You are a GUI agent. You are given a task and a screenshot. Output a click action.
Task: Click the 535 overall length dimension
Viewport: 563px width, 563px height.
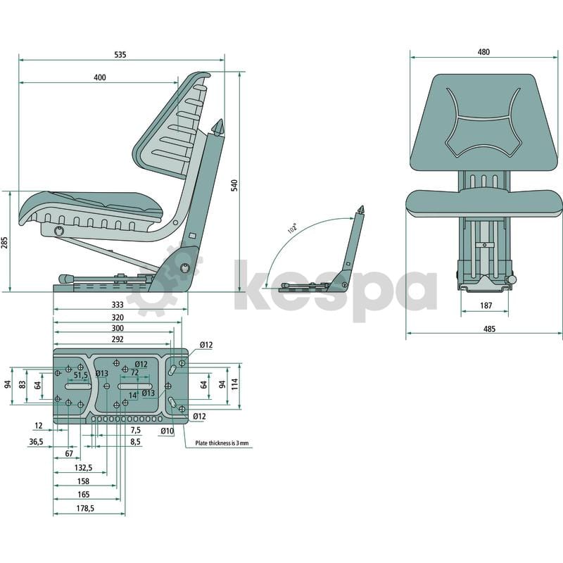pyautogui.click(x=120, y=55)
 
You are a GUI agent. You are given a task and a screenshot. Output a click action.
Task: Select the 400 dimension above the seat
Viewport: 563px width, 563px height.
pyautogui.click(x=100, y=77)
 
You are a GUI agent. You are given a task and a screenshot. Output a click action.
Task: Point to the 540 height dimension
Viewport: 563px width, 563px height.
pyautogui.click(x=234, y=185)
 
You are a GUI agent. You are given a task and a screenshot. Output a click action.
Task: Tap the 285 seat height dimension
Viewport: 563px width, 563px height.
pyautogui.click(x=5, y=243)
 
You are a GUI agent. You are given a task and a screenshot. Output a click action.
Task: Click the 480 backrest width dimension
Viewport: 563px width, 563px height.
pyautogui.click(x=483, y=52)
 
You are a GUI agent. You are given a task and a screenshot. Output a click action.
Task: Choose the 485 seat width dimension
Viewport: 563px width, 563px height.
pyautogui.click(x=489, y=329)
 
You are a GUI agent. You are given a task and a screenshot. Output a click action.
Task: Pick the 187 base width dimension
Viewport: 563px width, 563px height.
pyautogui.click(x=486, y=305)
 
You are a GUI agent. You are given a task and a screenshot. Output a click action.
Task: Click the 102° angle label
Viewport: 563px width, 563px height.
pyautogui.click(x=292, y=228)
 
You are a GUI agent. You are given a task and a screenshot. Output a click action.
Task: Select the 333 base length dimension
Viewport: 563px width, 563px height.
pyautogui.click(x=118, y=305)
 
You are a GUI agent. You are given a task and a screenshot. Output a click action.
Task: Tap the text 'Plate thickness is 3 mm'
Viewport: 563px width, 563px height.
pyautogui.click(x=222, y=443)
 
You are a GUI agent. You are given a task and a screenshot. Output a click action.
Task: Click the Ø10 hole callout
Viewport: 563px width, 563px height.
pyautogui.click(x=167, y=431)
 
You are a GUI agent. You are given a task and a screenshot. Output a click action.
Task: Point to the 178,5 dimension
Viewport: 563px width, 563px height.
pyautogui.click(x=85, y=508)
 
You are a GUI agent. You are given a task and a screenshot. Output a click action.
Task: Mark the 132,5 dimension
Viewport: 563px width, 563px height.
pyautogui.click(x=83, y=467)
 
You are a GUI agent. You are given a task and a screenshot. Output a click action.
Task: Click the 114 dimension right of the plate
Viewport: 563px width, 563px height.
pyautogui.click(x=235, y=384)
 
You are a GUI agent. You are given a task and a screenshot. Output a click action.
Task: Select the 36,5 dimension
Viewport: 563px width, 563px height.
pyautogui.click(x=36, y=441)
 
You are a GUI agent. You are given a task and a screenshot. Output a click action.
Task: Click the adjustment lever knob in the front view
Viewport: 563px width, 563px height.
pyautogui.click(x=512, y=279)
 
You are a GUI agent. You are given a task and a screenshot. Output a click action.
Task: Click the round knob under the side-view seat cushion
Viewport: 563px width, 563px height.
pyautogui.click(x=59, y=231)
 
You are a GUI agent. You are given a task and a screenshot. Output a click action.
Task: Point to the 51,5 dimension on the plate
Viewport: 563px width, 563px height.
pyautogui.click(x=81, y=375)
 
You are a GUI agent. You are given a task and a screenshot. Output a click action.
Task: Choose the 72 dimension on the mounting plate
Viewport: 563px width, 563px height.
pyautogui.click(x=134, y=373)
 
